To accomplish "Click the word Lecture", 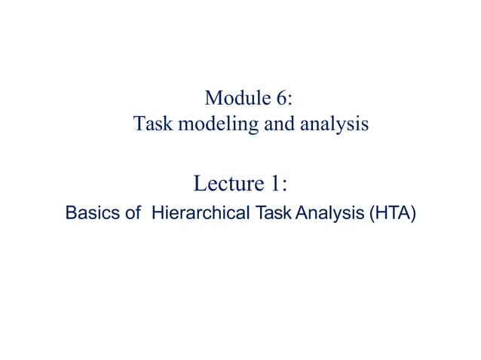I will (229, 183).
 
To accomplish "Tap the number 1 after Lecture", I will (275, 183).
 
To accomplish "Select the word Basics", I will (90, 214).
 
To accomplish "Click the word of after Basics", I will (133, 214).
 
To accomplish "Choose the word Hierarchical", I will (200, 214).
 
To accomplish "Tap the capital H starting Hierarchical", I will (158, 214).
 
